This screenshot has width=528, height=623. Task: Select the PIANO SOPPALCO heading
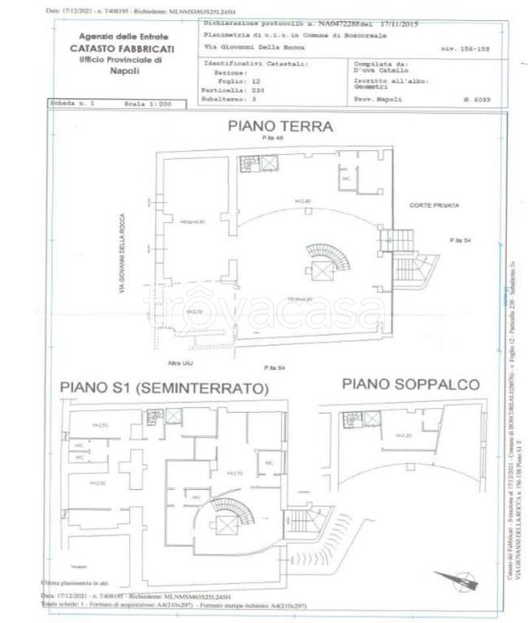(410, 384)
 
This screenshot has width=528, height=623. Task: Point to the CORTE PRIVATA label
(435, 206)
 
